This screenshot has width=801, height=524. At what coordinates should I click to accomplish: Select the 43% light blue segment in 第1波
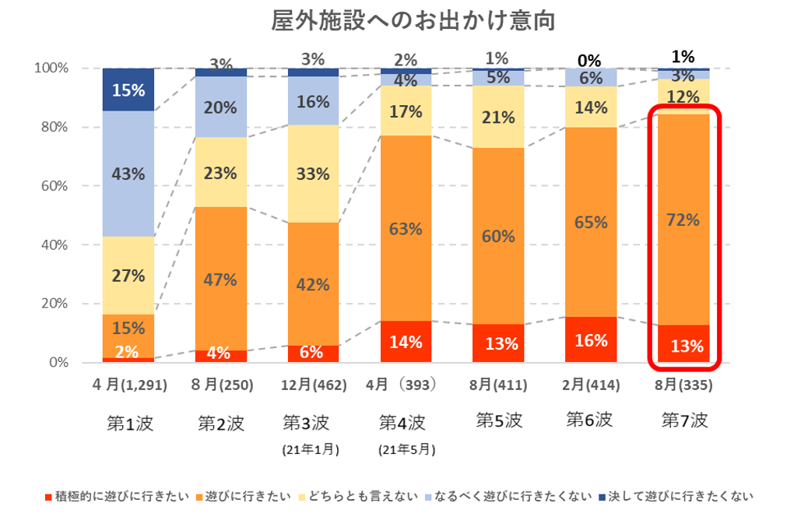128,174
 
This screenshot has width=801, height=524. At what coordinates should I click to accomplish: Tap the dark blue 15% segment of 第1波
128,90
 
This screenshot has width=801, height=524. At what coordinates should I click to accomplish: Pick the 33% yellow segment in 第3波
313,174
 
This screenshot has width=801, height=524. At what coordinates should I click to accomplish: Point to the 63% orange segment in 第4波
406,229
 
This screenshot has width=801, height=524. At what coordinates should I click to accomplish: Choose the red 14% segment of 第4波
406,342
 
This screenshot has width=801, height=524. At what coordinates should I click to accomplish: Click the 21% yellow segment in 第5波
498,118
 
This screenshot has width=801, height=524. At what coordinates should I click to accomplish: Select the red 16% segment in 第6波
591,339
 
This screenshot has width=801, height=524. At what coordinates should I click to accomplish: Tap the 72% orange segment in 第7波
683,220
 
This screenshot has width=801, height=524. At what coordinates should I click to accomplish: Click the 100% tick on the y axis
51,69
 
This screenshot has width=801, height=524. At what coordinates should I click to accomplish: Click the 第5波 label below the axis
498,421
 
